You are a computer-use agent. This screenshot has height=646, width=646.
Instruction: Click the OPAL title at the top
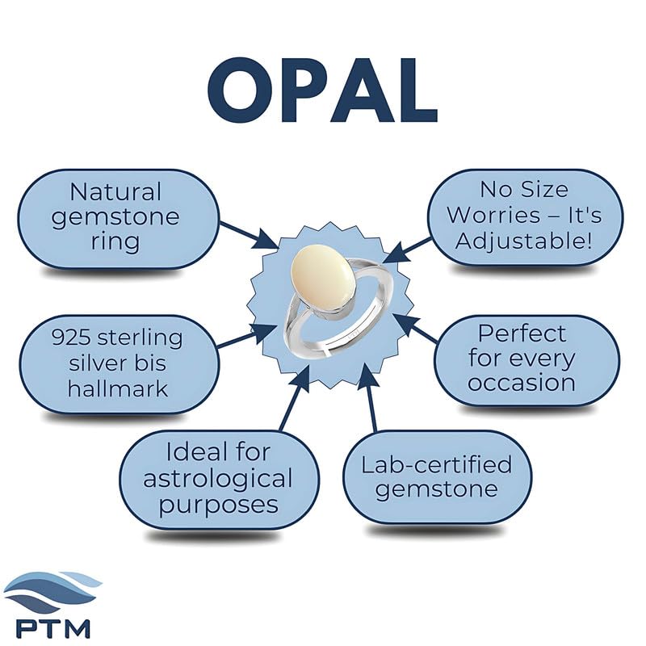click(322, 90)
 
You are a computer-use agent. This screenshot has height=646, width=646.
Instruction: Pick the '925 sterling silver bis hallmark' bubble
click(119, 364)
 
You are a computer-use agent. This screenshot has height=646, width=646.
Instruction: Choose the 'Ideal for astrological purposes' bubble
click(219, 480)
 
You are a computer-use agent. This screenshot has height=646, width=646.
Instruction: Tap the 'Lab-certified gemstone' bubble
click(438, 477)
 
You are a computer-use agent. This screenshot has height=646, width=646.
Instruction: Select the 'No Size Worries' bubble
click(525, 216)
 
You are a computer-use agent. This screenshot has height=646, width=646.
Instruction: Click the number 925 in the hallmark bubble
click(71, 338)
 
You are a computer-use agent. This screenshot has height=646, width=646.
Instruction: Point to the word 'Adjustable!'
click(523, 241)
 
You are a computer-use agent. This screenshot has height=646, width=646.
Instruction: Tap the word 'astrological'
click(218, 479)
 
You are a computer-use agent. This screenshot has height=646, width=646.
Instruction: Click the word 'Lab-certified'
click(437, 464)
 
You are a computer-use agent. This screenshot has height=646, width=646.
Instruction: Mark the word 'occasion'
click(522, 383)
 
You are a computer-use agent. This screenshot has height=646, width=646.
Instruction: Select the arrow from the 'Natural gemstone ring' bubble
click(249, 236)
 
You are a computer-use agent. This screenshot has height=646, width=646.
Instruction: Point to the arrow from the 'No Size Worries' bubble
click(407, 250)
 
